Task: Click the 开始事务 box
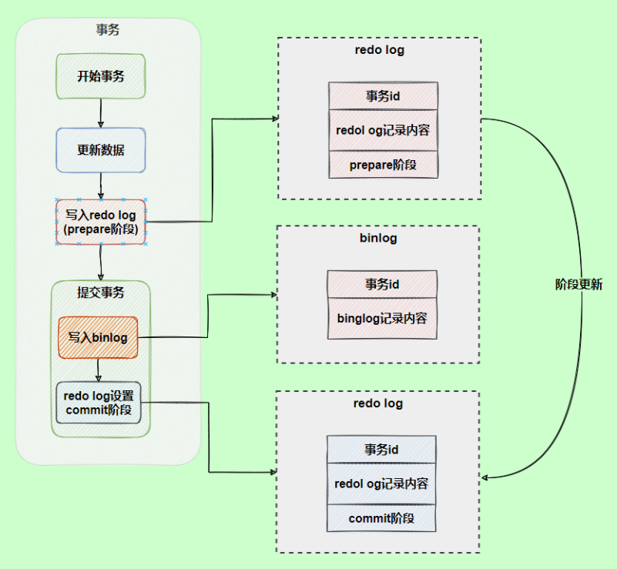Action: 101,76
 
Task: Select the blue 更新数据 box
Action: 101,150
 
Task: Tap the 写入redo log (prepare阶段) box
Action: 101,223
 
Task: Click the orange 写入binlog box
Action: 98,337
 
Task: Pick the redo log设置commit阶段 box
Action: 99,402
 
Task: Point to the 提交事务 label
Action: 101,293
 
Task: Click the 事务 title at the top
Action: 108,30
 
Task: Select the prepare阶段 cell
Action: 383,165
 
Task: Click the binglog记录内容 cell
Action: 382,317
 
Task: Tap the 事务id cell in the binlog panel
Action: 382,284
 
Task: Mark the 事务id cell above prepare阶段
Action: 383,96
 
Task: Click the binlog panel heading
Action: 378,238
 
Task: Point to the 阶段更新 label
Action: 578,284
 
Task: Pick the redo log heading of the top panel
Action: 380,50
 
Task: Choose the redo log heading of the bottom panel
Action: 378,403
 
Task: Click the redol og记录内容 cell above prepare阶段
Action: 383,130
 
